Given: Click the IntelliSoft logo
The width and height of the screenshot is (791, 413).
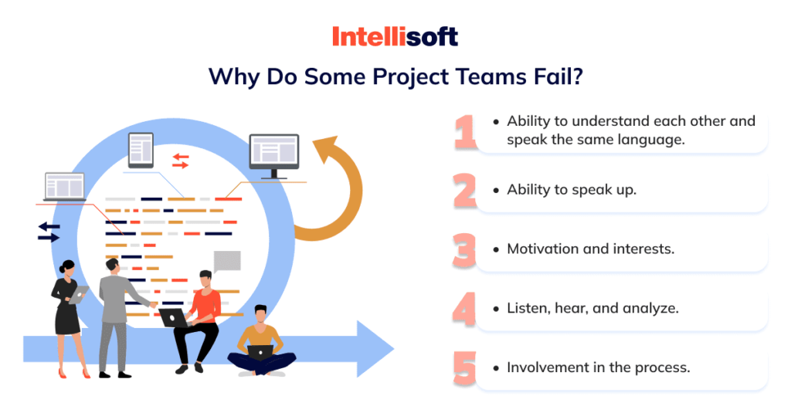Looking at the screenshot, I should pyautogui.click(x=395, y=36).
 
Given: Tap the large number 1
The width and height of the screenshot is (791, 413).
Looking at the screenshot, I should pyautogui.click(x=465, y=132).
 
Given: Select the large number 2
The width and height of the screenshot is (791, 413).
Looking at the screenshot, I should pyautogui.click(x=465, y=190).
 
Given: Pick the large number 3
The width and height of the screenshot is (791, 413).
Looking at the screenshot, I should pyautogui.click(x=465, y=249).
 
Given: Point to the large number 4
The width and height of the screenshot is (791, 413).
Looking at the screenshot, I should pyautogui.click(x=464, y=308).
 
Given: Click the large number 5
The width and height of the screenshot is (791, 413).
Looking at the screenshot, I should pyautogui.click(x=465, y=367).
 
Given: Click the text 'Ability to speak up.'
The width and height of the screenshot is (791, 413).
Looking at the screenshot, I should pyautogui.click(x=572, y=190).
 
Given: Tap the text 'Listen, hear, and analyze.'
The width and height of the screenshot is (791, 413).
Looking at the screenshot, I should pyautogui.click(x=592, y=308).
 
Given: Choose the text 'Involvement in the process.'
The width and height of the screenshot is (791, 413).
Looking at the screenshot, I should pyautogui.click(x=598, y=367).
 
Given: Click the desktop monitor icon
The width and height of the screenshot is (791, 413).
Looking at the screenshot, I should pyautogui.click(x=273, y=155).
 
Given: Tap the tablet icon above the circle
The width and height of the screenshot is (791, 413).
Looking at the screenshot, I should pyautogui.click(x=141, y=150).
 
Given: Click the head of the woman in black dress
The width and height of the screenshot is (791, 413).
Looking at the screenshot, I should pyautogui.click(x=68, y=268).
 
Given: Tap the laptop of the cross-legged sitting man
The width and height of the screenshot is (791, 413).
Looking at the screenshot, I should pyautogui.click(x=260, y=353).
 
